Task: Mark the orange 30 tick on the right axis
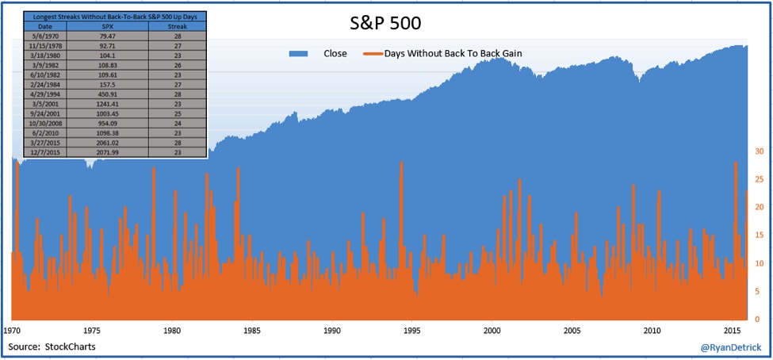[759, 151]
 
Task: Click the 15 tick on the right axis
[759, 235]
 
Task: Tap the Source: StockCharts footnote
[52, 347]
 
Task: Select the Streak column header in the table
[178, 27]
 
